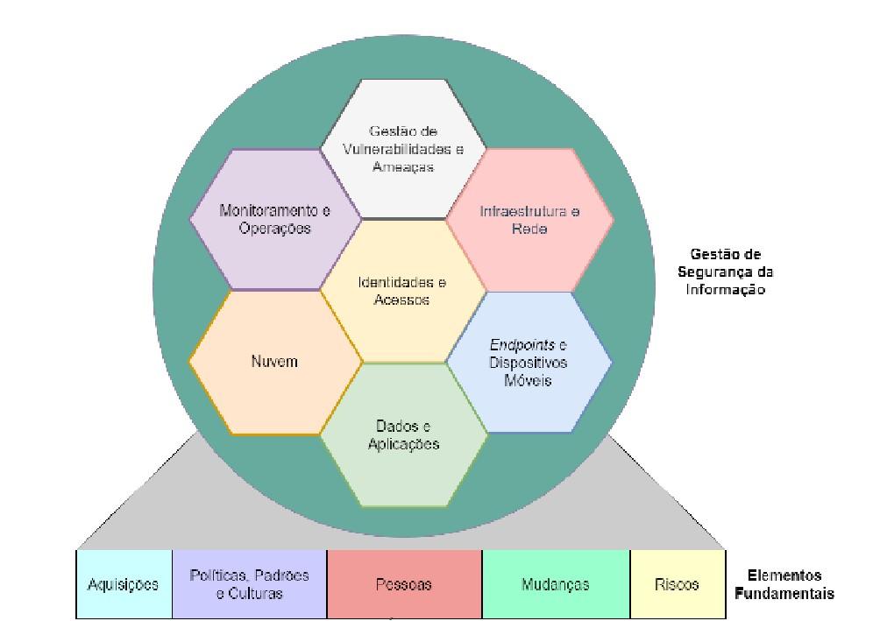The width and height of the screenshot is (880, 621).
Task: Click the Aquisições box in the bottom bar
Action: click(124, 584)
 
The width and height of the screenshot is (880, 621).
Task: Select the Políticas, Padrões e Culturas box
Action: click(250, 584)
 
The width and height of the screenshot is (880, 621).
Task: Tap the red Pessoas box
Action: click(404, 584)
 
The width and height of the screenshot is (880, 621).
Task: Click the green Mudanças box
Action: click(556, 584)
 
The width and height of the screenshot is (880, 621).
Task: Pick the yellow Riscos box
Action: click(678, 584)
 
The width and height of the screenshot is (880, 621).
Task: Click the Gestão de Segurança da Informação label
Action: click(726, 272)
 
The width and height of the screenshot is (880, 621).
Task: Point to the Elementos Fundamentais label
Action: click(784, 584)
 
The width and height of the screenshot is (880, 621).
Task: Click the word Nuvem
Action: click(275, 361)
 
